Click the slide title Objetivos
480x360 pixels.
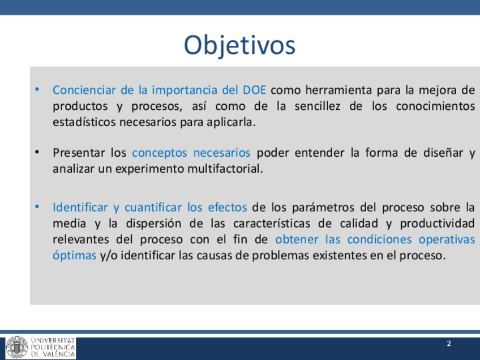pos(239,46)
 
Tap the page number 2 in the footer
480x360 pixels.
pos(449,344)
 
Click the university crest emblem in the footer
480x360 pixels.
pos(17,348)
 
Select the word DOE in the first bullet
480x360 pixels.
pos(254,90)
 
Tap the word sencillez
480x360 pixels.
pos(317,106)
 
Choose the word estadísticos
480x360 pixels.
pos(84,122)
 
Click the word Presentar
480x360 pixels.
pos(79,152)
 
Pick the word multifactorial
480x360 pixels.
pos(225,169)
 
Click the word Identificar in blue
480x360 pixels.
pos(80,207)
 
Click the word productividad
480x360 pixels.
pos(438,224)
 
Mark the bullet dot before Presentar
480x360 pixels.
pos(37,152)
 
